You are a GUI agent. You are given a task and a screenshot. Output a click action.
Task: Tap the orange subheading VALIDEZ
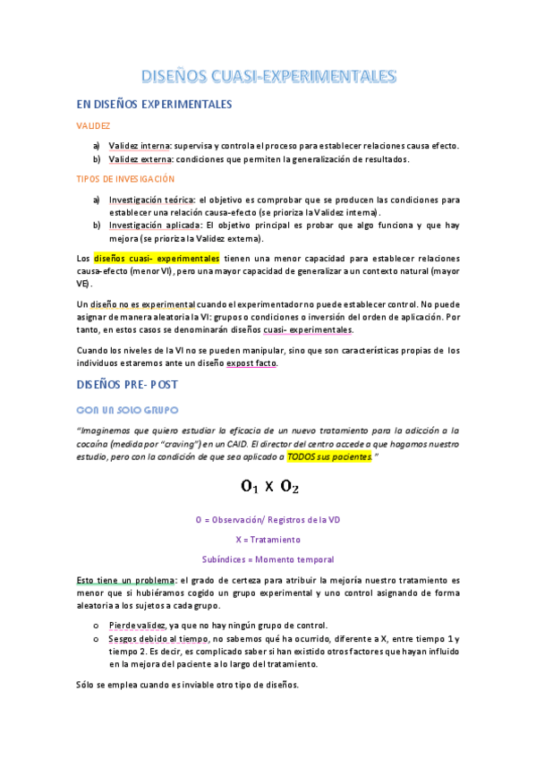click(93, 127)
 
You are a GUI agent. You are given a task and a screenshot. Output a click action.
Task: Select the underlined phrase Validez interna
click(140, 146)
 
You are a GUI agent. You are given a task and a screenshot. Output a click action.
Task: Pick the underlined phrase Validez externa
click(140, 159)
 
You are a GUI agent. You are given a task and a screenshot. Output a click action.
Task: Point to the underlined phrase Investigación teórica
click(151, 200)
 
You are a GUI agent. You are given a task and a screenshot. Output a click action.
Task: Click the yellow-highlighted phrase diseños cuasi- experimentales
click(156, 259)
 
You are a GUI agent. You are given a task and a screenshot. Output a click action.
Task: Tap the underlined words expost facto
click(251, 363)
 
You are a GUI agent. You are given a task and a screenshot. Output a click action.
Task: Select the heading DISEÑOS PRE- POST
click(128, 385)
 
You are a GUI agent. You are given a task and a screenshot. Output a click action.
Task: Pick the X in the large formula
click(268, 488)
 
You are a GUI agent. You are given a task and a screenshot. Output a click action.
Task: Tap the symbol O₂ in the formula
click(288, 488)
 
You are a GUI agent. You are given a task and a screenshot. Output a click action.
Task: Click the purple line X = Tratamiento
click(268, 540)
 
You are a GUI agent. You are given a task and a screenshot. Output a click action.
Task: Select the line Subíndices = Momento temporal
click(268, 559)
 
